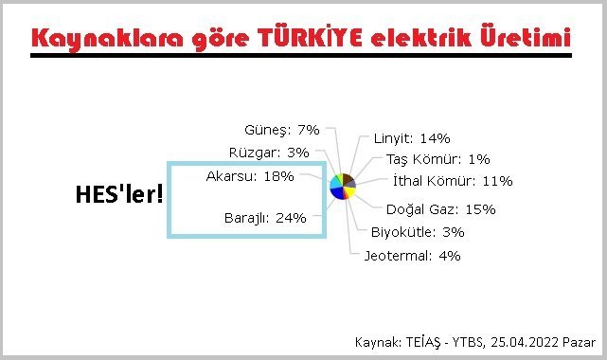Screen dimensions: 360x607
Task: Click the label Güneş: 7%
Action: point(281,130)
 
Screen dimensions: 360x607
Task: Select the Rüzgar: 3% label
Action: point(269,152)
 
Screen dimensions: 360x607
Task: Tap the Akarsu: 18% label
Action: point(250,176)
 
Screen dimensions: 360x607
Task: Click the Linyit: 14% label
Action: point(411,137)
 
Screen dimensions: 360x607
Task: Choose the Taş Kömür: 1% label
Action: point(432,159)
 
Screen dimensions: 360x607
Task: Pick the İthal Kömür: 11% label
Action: point(452,180)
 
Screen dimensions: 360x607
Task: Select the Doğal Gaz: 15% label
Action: point(440,209)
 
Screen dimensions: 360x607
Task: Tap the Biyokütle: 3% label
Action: point(418,231)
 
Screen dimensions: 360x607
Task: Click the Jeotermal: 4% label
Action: point(412,255)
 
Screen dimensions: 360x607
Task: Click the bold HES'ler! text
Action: point(119,195)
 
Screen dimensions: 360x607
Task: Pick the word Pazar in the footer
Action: point(579,341)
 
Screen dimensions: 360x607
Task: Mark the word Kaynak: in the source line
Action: point(377,341)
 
